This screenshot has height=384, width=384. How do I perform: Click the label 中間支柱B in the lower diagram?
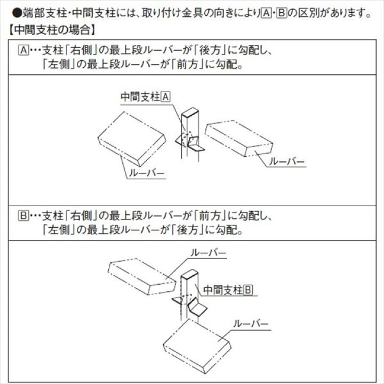click(228, 290)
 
